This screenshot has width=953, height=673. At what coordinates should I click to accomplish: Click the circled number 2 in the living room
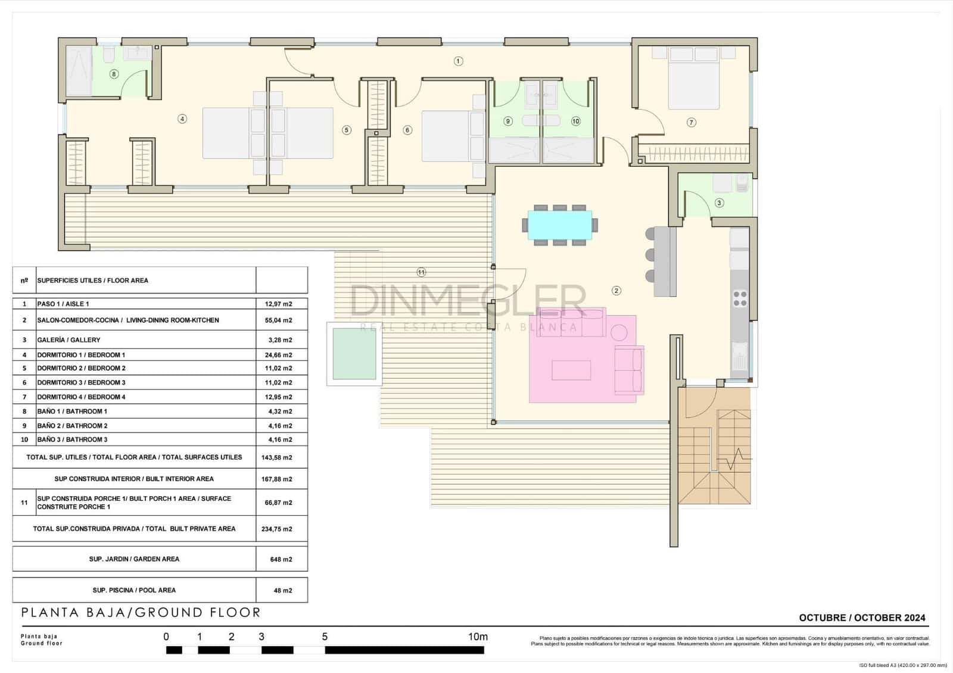point(616,291)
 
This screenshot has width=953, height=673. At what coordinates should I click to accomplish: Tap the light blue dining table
point(560,225)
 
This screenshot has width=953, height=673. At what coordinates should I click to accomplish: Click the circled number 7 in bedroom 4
point(691,122)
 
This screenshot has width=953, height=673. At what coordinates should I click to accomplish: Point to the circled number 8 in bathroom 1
point(114,74)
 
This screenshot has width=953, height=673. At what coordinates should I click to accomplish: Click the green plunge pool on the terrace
point(354,354)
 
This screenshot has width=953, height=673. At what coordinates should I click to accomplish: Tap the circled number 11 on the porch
point(421,272)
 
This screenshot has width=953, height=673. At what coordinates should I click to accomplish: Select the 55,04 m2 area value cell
point(278,320)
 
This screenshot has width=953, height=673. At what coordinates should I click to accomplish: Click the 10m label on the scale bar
point(478,637)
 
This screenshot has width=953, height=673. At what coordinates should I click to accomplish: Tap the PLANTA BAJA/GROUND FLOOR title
point(141,612)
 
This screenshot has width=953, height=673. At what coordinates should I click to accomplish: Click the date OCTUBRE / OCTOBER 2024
point(862,618)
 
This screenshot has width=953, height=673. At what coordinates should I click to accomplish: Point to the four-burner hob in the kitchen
point(740,298)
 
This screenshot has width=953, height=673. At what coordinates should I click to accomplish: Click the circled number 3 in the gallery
point(719,203)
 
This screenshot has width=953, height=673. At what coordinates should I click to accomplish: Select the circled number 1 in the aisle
point(458,61)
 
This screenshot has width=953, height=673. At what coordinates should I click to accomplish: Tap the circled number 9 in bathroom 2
point(508,121)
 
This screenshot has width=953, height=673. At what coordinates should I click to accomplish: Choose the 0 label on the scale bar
point(166,637)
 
